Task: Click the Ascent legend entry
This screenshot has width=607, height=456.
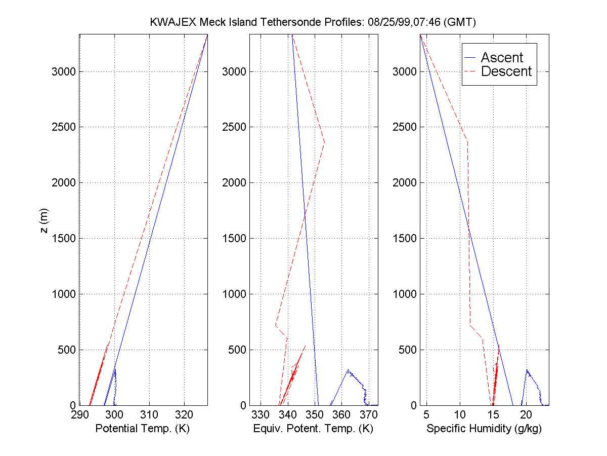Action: click(501, 57)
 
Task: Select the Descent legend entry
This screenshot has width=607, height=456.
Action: click(506, 71)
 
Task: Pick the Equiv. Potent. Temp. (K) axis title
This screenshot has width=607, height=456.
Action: click(313, 429)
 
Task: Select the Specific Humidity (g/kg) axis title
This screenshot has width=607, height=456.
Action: click(484, 429)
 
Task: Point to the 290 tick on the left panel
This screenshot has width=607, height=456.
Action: click(80, 415)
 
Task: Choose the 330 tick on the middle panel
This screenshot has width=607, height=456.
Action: click(261, 415)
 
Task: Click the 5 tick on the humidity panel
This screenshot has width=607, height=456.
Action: click(426, 415)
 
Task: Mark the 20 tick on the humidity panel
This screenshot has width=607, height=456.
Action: click(526, 415)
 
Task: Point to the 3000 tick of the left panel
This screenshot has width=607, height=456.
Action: click(64, 71)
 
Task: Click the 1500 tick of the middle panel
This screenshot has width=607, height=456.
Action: click(234, 238)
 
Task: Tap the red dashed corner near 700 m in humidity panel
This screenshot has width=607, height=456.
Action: click(470, 325)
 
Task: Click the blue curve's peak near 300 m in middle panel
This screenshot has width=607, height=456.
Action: click(348, 370)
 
